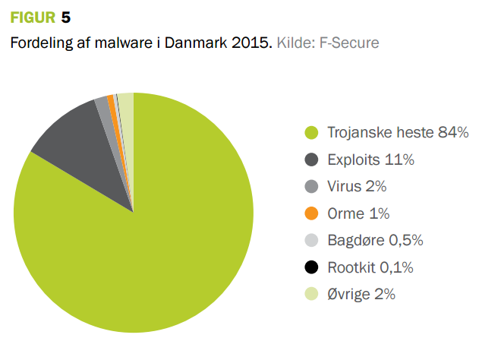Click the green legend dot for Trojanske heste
310,133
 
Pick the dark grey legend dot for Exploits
310,159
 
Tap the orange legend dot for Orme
310,213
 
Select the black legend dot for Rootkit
310,267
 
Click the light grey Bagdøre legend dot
310,241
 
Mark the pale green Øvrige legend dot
310,295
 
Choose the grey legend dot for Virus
310,187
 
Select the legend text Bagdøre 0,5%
375,241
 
